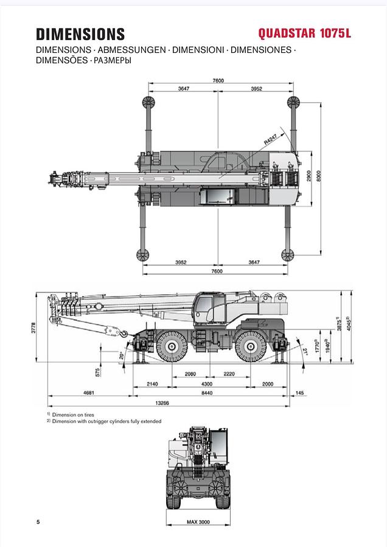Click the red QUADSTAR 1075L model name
tap(304, 33)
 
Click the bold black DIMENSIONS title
tap(80, 34)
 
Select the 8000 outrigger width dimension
tap(326, 177)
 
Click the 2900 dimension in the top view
tap(309, 176)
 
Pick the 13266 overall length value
tap(162, 402)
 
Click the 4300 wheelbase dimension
tap(207, 384)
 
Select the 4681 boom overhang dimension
tap(89, 393)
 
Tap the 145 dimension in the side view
tap(298, 393)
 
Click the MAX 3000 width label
tap(198, 521)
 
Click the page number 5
tap(38, 521)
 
